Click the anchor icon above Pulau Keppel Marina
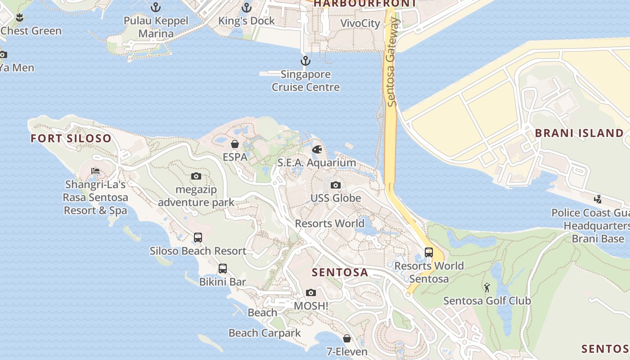point(156,7)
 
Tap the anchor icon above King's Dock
point(246,7)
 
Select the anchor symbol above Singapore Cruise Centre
point(306,60)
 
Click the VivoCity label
point(360,23)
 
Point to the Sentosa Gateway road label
point(392,62)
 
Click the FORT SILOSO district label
point(71,138)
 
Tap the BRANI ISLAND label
point(579,133)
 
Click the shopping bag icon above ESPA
point(235,144)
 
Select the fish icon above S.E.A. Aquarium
point(317,149)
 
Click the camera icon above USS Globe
point(335,185)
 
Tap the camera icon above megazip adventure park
point(196,176)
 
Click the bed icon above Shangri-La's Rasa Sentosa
point(95,171)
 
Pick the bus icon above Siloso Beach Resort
point(198,237)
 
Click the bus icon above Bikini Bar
point(222,269)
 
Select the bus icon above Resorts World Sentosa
point(428,252)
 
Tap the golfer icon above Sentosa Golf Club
point(486,287)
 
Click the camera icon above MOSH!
point(310,292)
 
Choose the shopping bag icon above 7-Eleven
point(346,338)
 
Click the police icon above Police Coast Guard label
point(598,199)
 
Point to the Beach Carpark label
point(265,333)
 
